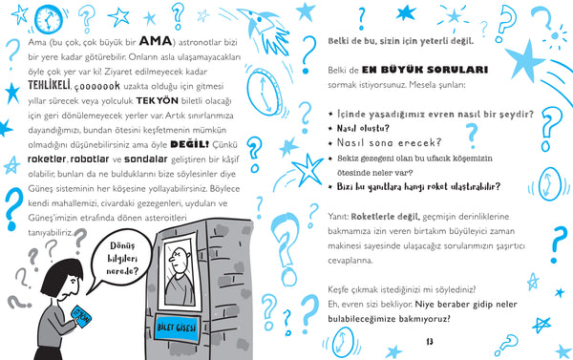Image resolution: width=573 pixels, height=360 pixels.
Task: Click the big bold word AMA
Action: tap(156, 40)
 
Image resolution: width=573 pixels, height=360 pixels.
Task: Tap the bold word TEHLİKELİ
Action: tap(49, 85)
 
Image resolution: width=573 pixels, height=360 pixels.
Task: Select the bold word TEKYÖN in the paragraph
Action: tap(158, 100)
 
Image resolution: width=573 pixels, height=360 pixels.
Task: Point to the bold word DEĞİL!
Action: tap(190, 144)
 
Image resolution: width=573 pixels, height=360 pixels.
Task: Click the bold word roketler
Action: tap(47, 159)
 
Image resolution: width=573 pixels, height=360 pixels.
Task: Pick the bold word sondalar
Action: tap(146, 159)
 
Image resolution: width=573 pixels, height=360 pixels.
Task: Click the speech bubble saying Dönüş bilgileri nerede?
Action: tap(121, 259)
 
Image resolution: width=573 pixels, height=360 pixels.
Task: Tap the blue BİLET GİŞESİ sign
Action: tap(177, 328)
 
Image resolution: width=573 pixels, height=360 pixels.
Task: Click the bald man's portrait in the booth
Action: tap(180, 272)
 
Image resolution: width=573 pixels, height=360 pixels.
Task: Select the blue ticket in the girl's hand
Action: tap(81, 315)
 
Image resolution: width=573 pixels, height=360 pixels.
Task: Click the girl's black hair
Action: tap(61, 276)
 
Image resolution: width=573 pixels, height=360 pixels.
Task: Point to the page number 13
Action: tap(430, 342)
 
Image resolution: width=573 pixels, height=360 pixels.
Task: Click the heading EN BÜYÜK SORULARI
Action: tap(425, 70)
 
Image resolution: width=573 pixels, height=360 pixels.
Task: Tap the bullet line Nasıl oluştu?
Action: tap(363, 128)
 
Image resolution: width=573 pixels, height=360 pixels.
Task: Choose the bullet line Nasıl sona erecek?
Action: tap(389, 142)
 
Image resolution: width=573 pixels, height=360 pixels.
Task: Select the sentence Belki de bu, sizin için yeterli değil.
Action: tap(400, 41)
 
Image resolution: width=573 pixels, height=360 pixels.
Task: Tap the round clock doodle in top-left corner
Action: tap(49, 19)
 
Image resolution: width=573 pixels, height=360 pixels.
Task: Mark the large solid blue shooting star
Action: tap(526, 60)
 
